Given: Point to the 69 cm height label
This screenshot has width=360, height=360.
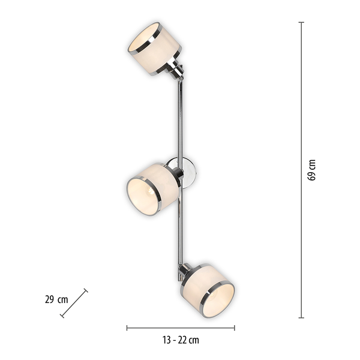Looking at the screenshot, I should click(311, 170).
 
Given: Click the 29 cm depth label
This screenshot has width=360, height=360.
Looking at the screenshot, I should click(56, 299).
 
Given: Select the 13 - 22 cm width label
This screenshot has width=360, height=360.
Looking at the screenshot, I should click(181, 340).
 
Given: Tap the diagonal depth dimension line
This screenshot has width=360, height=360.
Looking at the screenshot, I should click(74, 302).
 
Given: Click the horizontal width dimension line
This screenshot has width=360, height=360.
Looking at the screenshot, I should click(181, 328).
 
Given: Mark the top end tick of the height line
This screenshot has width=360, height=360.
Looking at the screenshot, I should click(301, 23).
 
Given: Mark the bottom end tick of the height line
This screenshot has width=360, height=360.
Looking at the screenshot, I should click(301, 317).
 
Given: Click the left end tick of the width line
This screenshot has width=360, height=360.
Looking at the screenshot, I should click(127, 328).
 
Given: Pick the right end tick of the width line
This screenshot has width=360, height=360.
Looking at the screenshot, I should click(235, 328).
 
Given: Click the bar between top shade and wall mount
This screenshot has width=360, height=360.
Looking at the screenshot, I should click(179, 117).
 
